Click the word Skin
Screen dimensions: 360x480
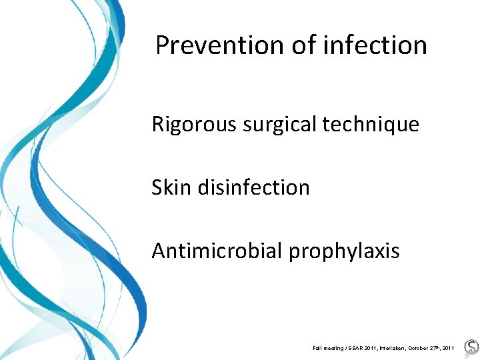click(169, 187)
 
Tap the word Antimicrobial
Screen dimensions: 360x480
click(217, 251)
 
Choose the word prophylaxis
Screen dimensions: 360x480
click(344, 251)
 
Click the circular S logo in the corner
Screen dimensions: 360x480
click(471, 347)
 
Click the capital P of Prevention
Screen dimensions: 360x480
click(163, 46)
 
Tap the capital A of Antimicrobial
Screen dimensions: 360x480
click(159, 251)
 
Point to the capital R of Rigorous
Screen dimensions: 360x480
click(158, 125)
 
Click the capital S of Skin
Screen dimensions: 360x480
click(157, 187)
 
